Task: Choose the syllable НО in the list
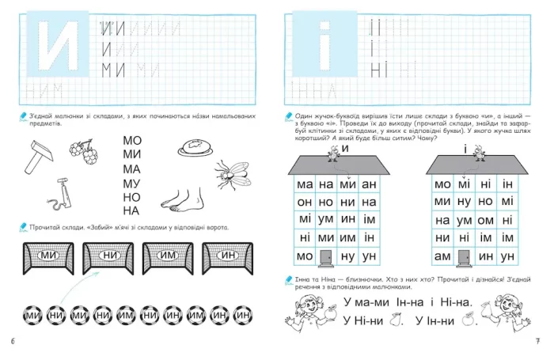tap(131, 197)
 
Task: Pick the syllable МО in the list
tap(131, 140)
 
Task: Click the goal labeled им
tap(167, 255)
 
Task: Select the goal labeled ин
tap(228, 255)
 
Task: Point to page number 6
tap(13, 341)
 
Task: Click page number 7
tap(537, 341)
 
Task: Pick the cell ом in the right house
tap(485, 220)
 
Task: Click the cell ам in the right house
tap(443, 256)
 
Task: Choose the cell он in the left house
tap(305, 203)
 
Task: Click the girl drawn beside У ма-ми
tap(303, 309)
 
